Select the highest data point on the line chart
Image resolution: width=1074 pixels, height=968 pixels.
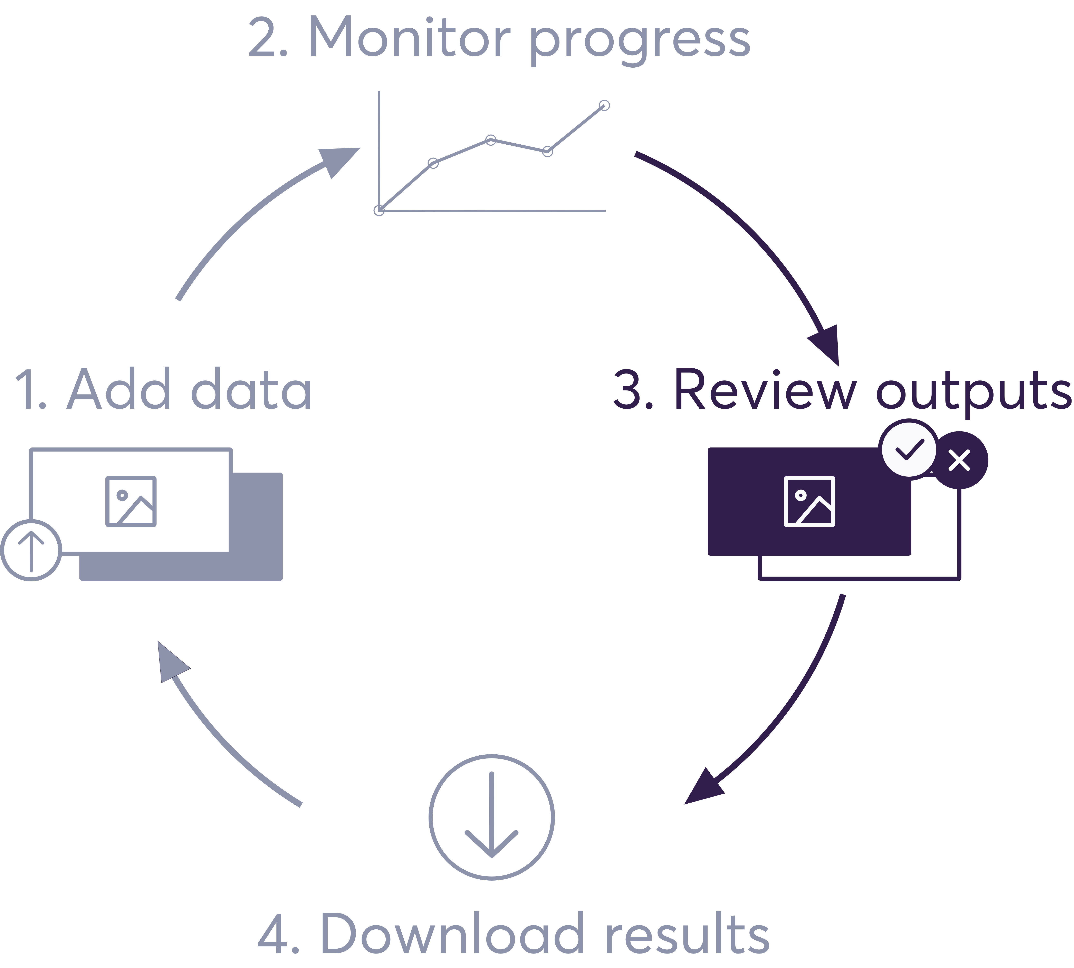click(x=604, y=105)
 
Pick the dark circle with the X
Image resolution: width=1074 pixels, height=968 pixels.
click(x=960, y=460)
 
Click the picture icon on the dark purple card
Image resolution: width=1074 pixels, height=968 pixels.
click(x=809, y=502)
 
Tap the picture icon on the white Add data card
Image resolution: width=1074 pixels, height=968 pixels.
click(x=131, y=502)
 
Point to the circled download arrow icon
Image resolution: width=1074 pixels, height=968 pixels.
click(x=491, y=817)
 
